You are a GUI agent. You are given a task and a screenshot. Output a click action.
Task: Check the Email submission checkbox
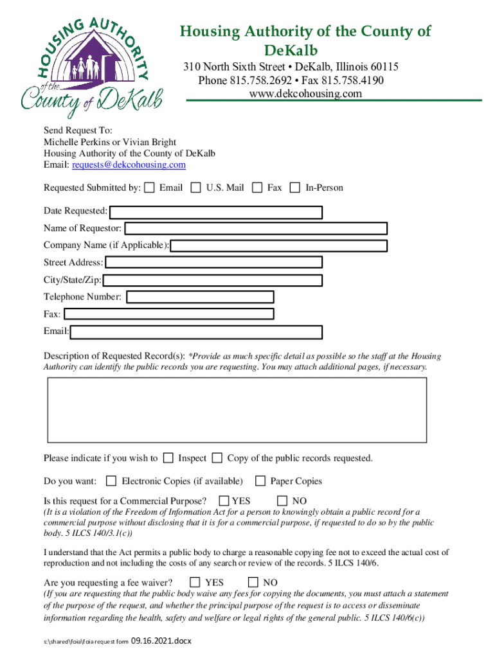149,188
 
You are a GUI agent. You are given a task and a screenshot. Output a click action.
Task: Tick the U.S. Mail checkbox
196,188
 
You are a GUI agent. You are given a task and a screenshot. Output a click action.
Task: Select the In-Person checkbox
295,188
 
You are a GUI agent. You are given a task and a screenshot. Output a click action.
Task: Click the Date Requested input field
216,212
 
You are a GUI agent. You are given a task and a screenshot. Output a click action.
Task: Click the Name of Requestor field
256,228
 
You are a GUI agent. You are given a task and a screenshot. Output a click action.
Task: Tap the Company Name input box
279,245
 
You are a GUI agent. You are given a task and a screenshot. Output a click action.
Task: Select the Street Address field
213,262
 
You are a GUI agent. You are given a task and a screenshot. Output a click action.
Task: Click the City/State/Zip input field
212,280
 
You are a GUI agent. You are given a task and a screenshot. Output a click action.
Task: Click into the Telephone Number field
200,297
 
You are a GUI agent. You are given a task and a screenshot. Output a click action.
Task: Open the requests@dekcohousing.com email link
129,165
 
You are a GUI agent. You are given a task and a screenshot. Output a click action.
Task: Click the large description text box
237,410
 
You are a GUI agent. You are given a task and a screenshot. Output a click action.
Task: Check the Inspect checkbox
168,458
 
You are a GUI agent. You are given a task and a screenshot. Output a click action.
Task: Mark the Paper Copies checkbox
260,481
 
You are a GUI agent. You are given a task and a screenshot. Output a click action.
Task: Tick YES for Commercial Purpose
224,501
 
